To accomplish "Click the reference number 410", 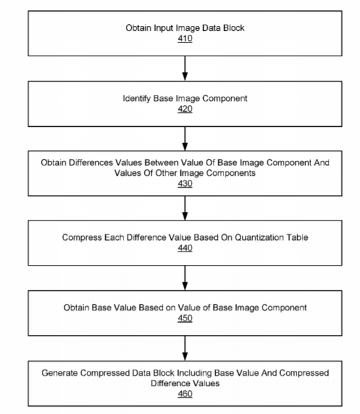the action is pyautogui.click(x=185, y=39).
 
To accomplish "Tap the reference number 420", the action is pyautogui.click(x=185, y=109).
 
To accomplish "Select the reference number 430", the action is pyautogui.click(x=185, y=184).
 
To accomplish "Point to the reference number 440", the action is pyautogui.click(x=185, y=248).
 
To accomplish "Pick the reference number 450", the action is pyautogui.click(x=185, y=318).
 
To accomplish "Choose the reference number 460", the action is pyautogui.click(x=185, y=394).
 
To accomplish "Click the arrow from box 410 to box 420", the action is pyautogui.click(x=185, y=69).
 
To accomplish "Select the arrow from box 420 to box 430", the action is pyautogui.click(x=185, y=139).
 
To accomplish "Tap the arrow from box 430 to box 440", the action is pyautogui.click(x=185, y=208).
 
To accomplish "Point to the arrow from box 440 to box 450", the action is pyautogui.click(x=185, y=278).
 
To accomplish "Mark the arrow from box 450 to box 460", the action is pyautogui.click(x=185, y=348).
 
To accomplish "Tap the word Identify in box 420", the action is pyautogui.click(x=137, y=99).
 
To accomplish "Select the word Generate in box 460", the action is pyautogui.click(x=59, y=373).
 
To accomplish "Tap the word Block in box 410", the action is pyautogui.click(x=234, y=27).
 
